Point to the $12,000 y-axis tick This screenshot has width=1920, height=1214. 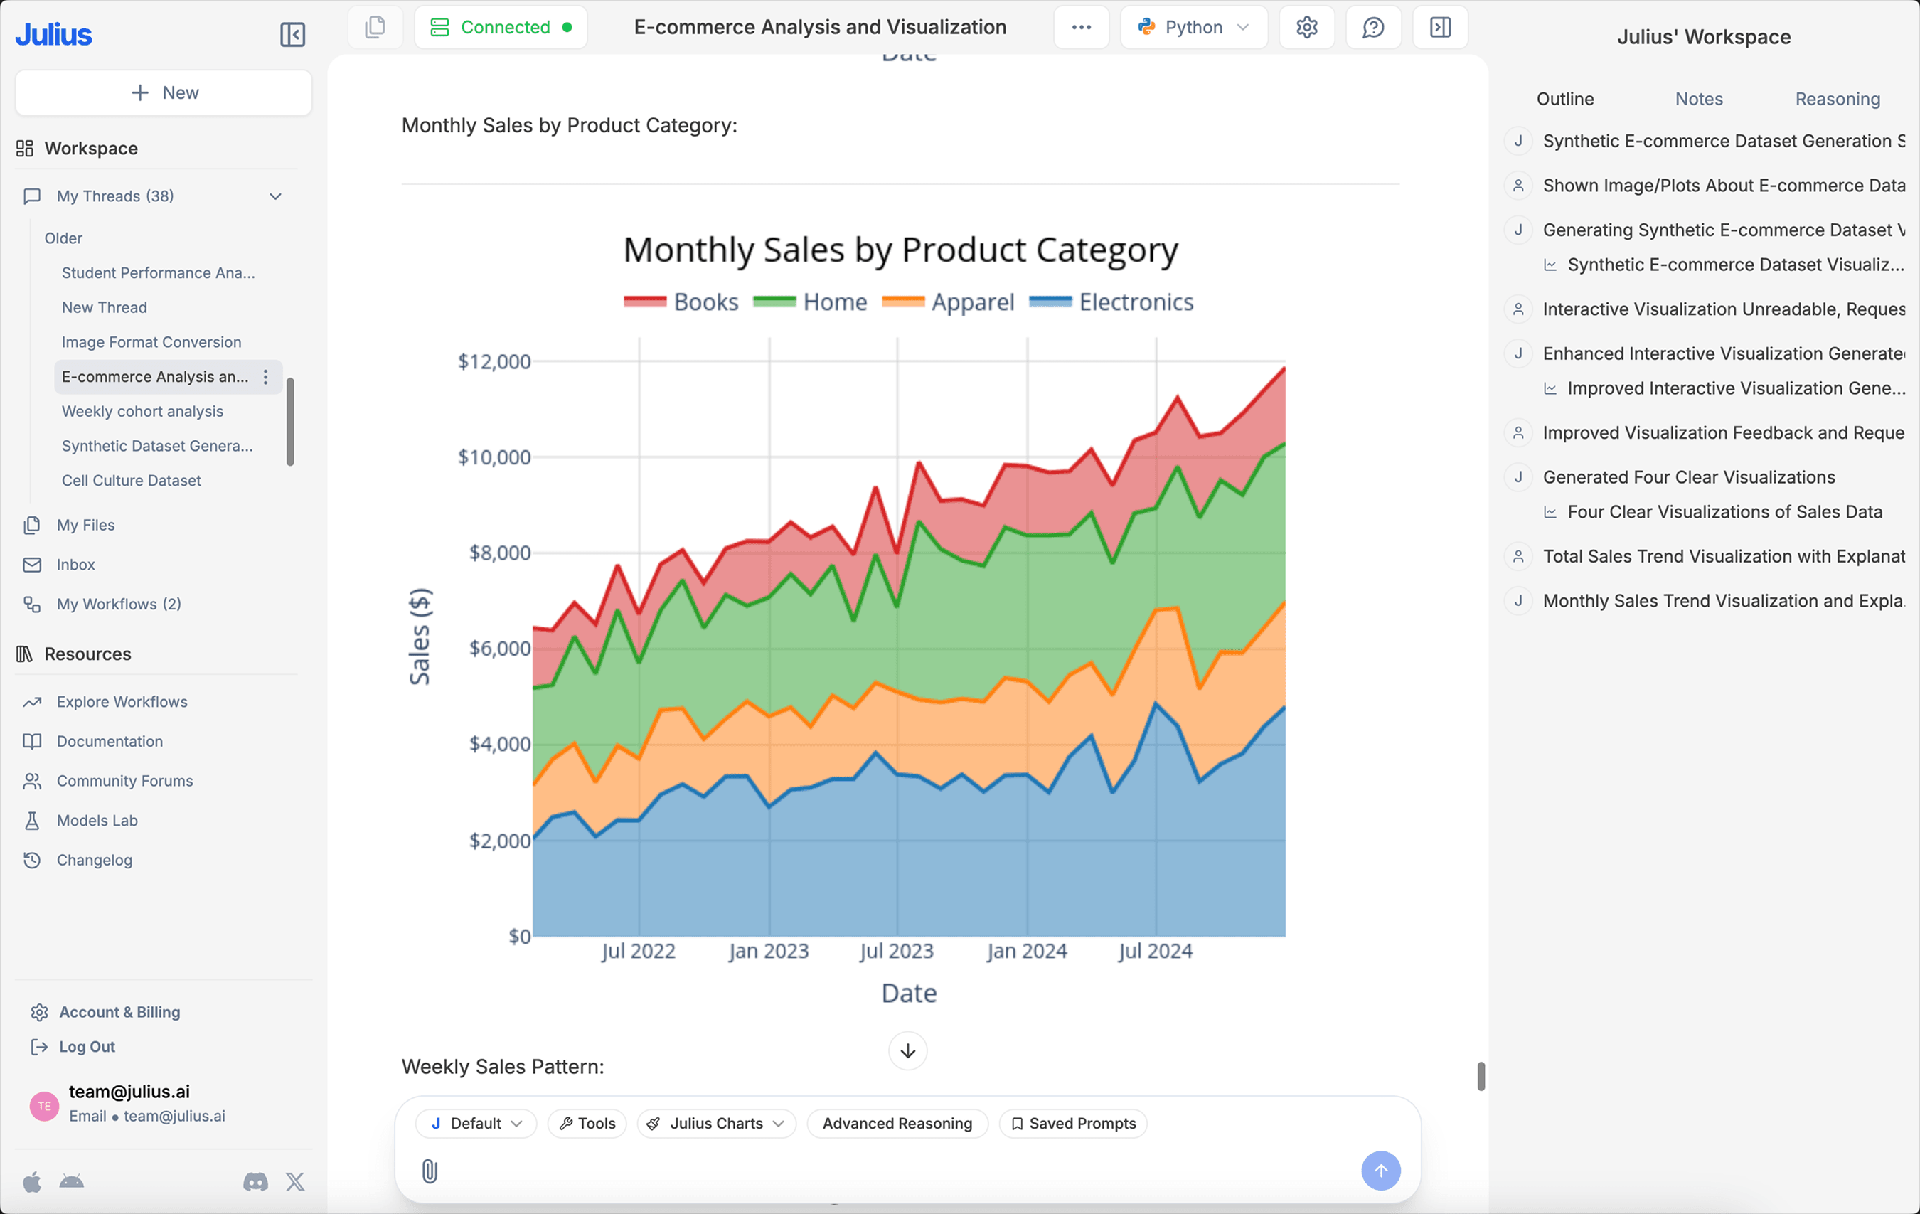[x=494, y=361]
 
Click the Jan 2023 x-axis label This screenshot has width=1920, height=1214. [x=768, y=951]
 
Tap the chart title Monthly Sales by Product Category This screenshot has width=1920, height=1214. [x=900, y=250]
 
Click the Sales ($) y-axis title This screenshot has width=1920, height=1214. [x=420, y=637]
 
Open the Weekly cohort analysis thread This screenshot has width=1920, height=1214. [x=142, y=412]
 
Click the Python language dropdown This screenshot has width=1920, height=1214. [x=1193, y=27]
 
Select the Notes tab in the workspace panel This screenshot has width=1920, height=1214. [x=1698, y=99]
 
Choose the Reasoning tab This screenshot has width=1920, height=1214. [x=1837, y=99]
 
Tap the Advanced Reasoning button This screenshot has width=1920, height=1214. [x=897, y=1123]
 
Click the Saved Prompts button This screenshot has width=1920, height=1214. [x=1073, y=1123]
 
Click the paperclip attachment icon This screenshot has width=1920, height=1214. [x=429, y=1170]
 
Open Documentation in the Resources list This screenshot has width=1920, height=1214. [x=110, y=741]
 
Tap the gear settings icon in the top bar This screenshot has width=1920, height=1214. [x=1306, y=27]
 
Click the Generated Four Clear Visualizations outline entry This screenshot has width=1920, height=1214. [x=1688, y=477]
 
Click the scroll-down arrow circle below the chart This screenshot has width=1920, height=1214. [x=907, y=1050]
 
